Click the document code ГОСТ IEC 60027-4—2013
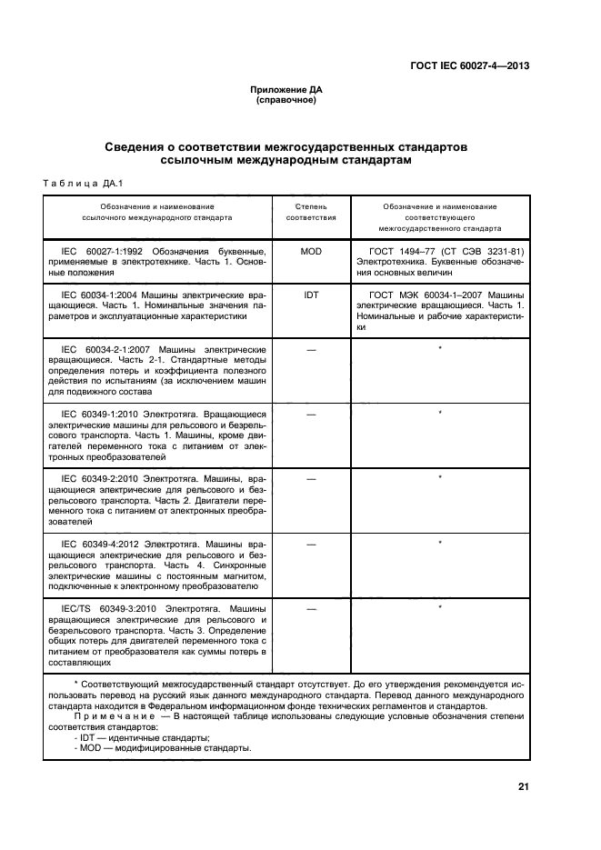click(x=468, y=65)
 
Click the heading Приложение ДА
click(x=285, y=90)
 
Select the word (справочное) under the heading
click(x=285, y=100)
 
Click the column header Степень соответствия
click(x=311, y=213)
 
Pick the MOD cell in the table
click(x=311, y=250)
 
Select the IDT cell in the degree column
click(x=311, y=295)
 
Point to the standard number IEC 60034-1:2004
click(x=101, y=295)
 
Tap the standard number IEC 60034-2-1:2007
click(x=106, y=349)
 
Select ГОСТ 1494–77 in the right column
click(x=401, y=250)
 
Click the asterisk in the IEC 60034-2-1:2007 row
click(x=440, y=349)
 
